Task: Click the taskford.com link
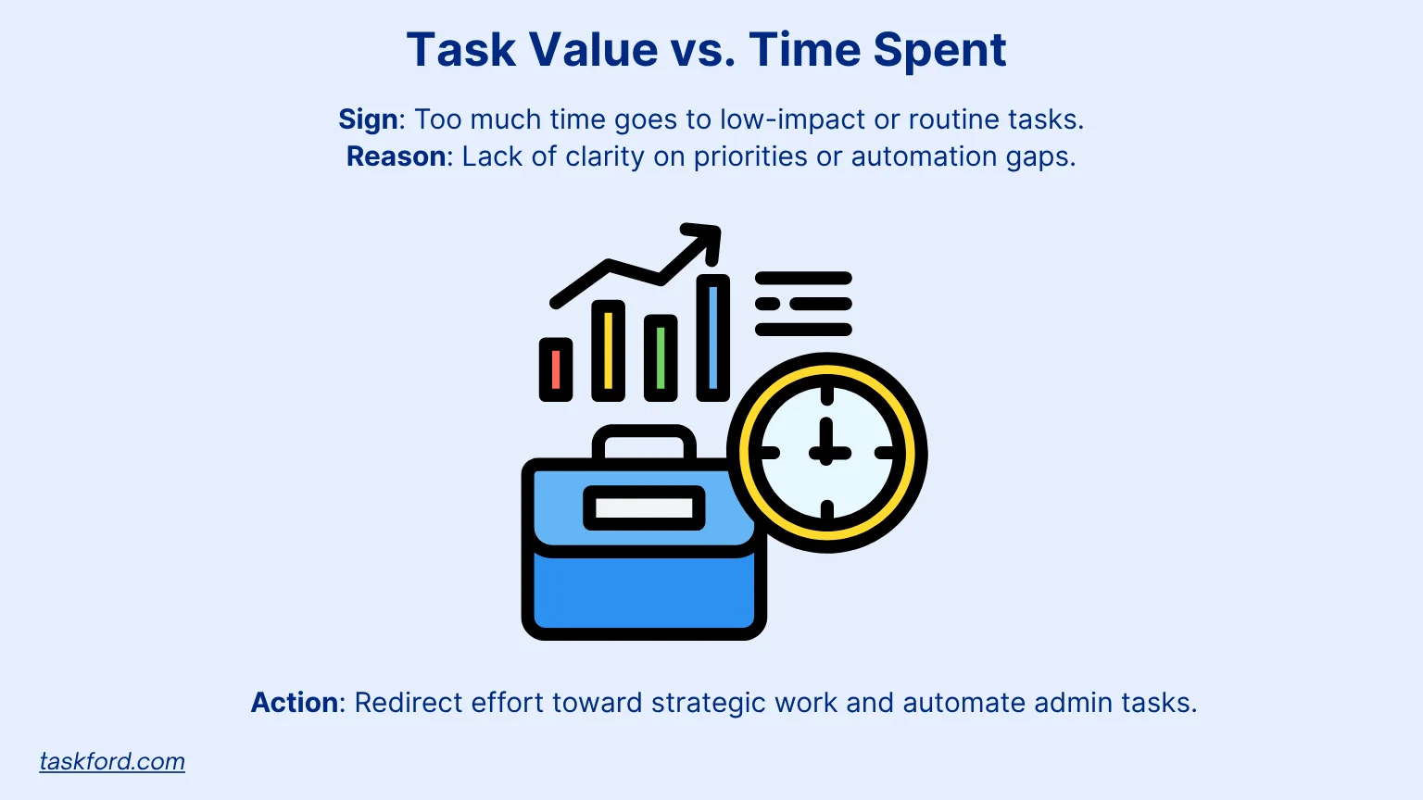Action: tap(112, 761)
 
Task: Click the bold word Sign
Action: tap(368, 119)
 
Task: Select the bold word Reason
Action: tap(396, 156)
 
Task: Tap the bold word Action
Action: tap(294, 702)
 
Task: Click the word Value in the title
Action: tap(594, 49)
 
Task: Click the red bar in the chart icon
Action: tap(556, 369)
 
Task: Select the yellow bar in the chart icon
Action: tap(608, 351)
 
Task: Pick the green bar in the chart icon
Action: tap(661, 357)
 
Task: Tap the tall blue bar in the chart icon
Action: tap(712, 337)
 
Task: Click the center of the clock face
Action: tap(826, 453)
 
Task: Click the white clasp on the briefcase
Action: tap(644, 508)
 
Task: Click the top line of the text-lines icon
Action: tap(803, 278)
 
